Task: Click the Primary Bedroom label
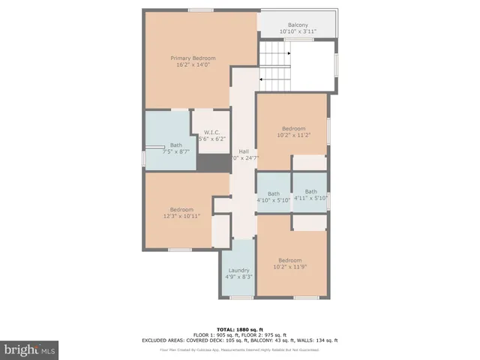pos(193,58)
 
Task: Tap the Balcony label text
pos(298,25)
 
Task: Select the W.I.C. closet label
pos(211,133)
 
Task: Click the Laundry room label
pos(238,270)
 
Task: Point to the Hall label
pos(244,151)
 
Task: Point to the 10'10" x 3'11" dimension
pos(298,31)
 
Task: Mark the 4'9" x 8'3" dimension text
pos(238,277)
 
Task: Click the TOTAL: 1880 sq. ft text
pos(239,329)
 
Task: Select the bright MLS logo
pos(30,349)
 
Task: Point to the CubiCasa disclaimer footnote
pos(239,350)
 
